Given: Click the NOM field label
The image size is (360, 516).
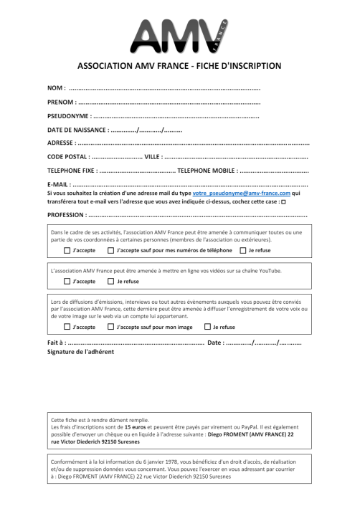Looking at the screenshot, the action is point(56,88).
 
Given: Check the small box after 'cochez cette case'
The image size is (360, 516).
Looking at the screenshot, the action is point(284,203).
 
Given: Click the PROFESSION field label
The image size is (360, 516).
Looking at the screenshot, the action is point(66,215).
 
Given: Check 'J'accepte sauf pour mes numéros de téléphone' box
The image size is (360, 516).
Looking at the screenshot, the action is point(110,251).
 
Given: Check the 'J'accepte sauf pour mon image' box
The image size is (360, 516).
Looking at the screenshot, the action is point(110,327).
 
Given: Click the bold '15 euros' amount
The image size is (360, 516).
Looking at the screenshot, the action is point(135,426).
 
